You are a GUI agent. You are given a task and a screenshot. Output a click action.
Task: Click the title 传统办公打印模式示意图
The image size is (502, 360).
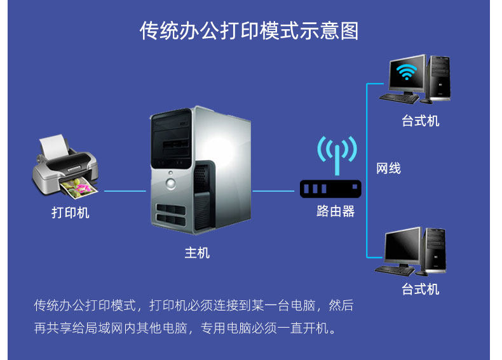point(249,31)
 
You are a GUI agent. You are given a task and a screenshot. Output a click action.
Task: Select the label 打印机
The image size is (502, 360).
point(70,213)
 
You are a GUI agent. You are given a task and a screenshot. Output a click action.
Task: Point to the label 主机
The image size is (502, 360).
point(197,253)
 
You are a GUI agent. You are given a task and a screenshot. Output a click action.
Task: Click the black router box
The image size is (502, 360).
point(330,188)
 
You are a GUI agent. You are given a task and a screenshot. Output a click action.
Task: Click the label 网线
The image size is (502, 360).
point(388,168)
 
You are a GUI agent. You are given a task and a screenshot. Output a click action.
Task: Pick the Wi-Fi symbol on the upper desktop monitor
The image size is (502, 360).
point(407,73)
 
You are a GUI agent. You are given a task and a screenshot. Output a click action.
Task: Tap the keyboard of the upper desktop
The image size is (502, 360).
point(400,98)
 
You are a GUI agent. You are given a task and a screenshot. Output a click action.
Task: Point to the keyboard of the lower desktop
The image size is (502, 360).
point(395,269)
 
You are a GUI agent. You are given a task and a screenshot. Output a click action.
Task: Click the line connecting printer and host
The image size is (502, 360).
point(125,190)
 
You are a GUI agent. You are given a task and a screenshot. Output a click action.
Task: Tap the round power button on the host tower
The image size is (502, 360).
point(170,183)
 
